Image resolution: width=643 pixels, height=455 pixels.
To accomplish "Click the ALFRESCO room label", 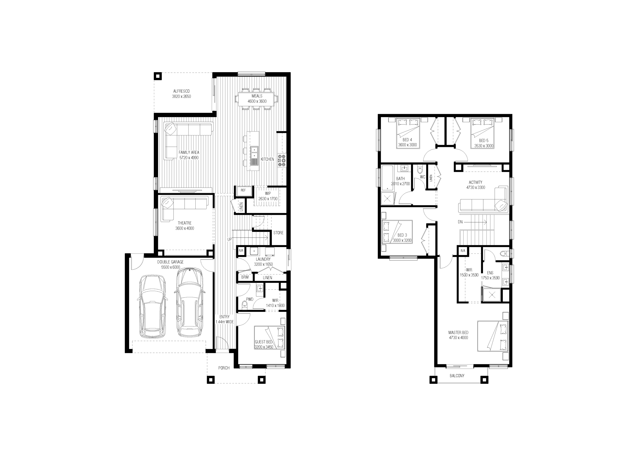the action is point(181,91).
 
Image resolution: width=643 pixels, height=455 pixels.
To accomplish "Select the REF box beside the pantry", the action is point(243,190).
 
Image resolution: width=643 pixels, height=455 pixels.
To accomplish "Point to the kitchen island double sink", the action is point(254,153).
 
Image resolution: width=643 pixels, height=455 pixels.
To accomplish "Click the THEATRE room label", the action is point(185,223).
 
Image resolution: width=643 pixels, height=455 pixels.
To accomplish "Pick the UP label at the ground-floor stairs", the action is point(229,239).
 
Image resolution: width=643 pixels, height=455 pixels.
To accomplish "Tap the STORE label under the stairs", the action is point(278,233).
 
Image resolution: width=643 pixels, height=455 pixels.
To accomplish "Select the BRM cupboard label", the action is point(245,277).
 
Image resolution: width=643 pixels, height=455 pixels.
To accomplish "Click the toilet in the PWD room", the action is point(244,305).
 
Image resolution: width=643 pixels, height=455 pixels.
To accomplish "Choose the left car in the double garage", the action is point(153,306).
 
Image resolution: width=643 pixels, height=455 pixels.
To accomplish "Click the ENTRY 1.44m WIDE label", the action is point(224,319).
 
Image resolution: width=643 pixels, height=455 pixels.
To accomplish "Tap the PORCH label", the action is point(224,368).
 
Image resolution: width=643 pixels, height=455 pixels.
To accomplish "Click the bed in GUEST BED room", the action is point(270,338).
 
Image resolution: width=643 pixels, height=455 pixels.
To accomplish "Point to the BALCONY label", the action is point(457,376).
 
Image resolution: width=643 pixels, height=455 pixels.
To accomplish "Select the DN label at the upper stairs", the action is point(460,222).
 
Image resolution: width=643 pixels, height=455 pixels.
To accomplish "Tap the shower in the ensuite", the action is point(492,294).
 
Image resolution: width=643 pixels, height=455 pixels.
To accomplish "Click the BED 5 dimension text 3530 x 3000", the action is point(484,146).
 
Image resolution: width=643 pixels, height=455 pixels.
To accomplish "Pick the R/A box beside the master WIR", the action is point(463,251).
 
